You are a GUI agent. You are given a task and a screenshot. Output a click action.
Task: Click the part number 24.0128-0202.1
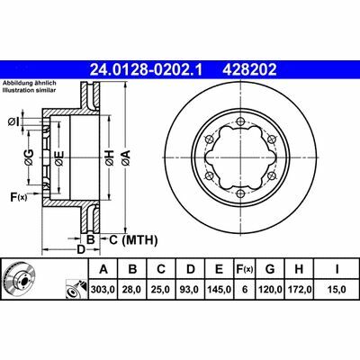147,70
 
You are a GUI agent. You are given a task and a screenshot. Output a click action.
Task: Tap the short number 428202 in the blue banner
249,70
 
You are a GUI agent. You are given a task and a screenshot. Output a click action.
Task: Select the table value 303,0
103,290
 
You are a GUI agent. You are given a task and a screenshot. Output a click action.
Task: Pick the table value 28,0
132,290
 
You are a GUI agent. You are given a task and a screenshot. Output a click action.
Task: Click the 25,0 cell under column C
161,290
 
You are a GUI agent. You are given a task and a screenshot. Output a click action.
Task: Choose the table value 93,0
191,290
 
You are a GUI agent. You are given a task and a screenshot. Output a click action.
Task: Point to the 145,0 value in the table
220,290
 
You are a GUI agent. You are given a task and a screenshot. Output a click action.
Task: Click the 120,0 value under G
270,290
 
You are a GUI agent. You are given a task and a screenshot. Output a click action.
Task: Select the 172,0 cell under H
299,290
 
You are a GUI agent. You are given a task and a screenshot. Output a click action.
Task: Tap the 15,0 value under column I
336,290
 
